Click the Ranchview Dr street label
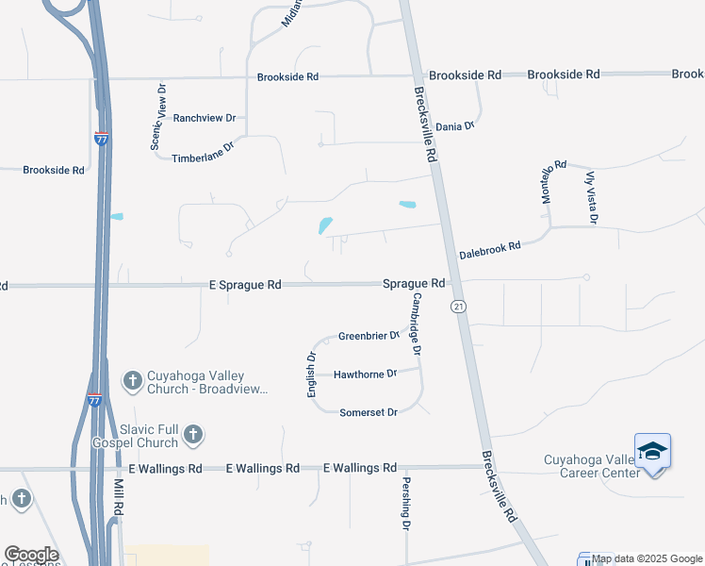click(204, 118)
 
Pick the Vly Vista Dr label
click(591, 196)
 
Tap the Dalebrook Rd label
click(489, 250)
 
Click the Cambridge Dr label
click(416, 323)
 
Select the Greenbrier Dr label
click(369, 336)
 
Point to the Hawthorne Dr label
click(366, 375)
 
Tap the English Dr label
click(311, 374)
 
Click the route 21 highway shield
click(458, 307)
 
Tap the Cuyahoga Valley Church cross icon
click(133, 380)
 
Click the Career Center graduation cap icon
click(652, 452)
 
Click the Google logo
click(31, 555)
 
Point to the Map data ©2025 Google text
click(648, 559)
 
